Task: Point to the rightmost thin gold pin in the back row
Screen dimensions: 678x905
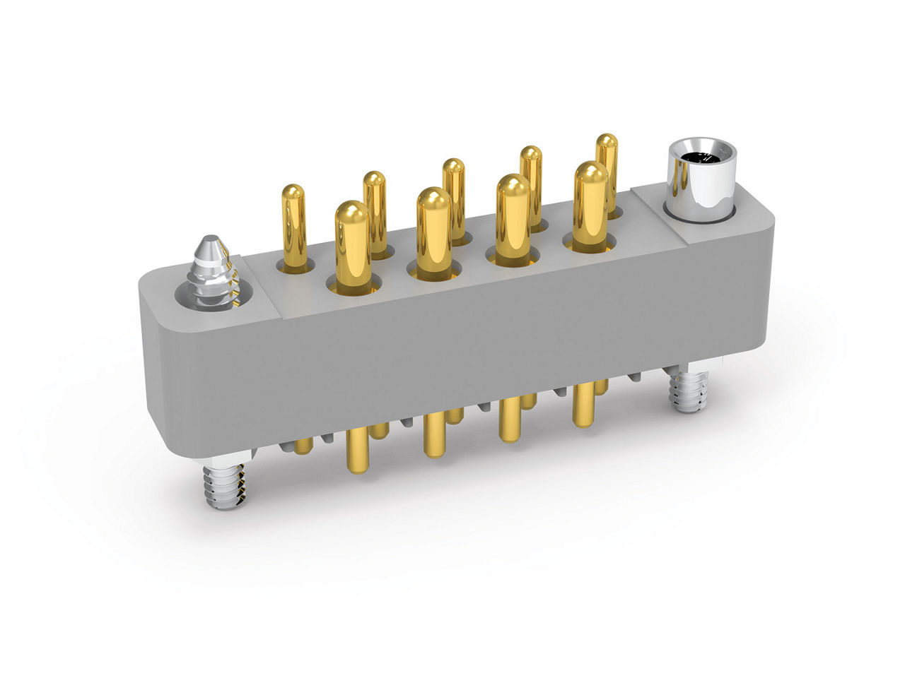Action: click(607, 169)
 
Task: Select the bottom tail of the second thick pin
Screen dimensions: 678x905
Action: click(433, 438)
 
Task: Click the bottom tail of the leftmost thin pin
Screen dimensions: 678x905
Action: click(303, 446)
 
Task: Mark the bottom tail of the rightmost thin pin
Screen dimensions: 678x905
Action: click(601, 387)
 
